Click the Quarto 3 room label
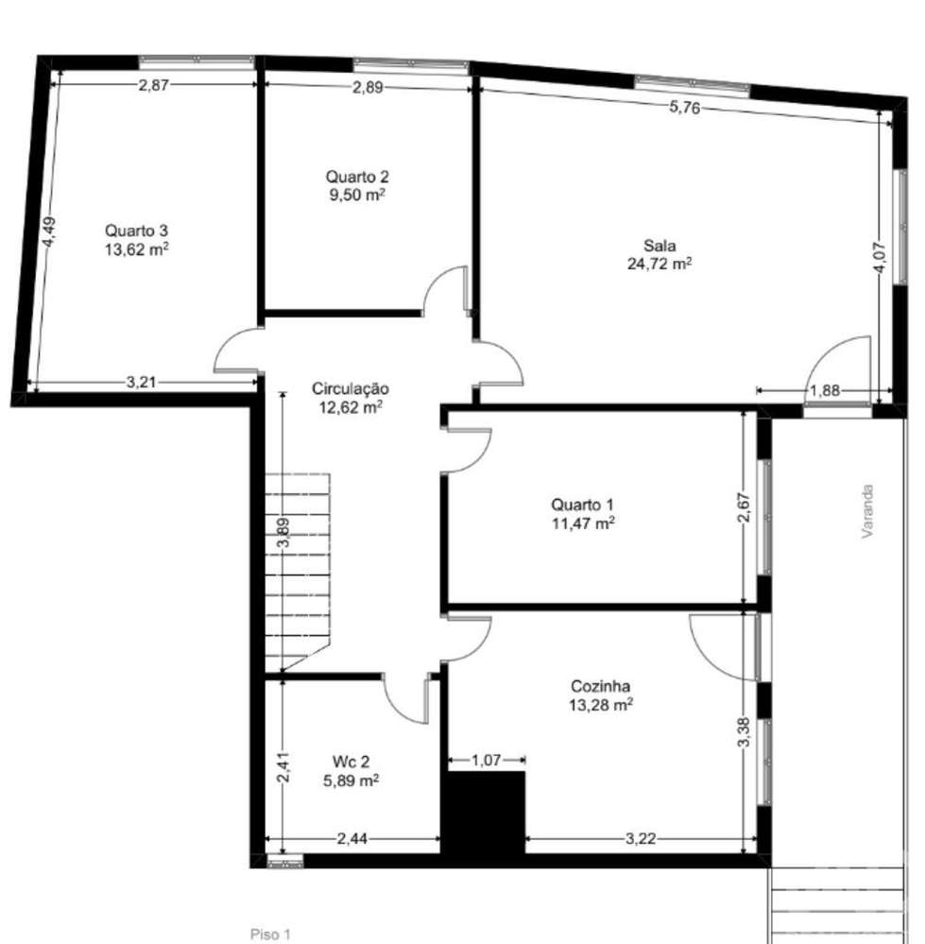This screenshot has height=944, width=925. [x=137, y=230]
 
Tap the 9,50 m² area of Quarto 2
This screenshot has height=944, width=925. [x=357, y=195]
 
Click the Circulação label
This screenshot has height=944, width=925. [x=351, y=388]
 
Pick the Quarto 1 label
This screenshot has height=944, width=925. [x=582, y=504]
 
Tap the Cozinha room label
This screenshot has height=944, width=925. [x=601, y=687]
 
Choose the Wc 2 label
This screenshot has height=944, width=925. [x=351, y=762]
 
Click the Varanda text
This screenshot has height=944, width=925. [x=866, y=512]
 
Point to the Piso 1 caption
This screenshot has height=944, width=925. [x=271, y=935]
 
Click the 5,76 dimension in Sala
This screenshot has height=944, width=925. [x=684, y=108]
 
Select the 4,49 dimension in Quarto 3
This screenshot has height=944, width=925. [x=49, y=232]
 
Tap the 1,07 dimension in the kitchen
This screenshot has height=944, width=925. [x=485, y=759]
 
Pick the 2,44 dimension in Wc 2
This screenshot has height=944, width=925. [x=351, y=837]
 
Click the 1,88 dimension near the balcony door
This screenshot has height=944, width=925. [x=824, y=390]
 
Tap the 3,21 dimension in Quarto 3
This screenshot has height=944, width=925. [x=142, y=382]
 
